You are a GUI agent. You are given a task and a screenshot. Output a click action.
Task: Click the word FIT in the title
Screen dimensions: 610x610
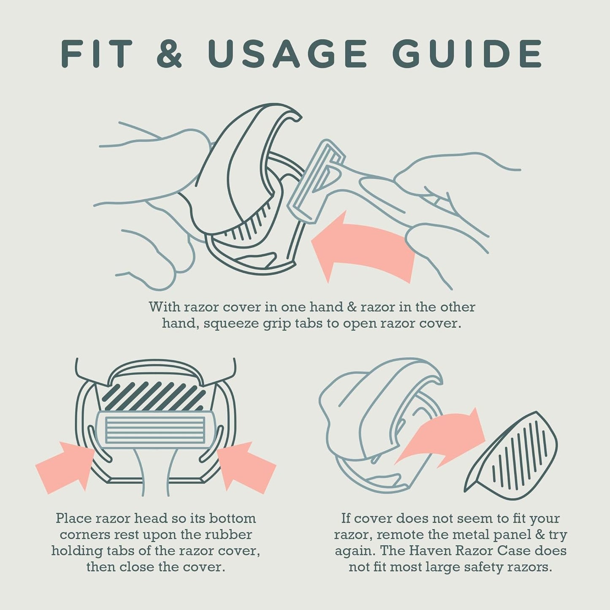[96, 53]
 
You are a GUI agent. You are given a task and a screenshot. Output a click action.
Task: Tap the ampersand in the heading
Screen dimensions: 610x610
[169, 53]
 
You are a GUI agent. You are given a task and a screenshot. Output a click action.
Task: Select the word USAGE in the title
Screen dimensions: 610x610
[287, 53]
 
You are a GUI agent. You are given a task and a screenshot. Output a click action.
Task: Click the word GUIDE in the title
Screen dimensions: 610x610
[467, 53]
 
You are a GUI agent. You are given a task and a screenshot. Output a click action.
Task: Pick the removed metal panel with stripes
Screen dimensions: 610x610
[511, 456]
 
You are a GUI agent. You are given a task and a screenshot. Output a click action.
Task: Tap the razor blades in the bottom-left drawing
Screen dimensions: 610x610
[155, 430]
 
